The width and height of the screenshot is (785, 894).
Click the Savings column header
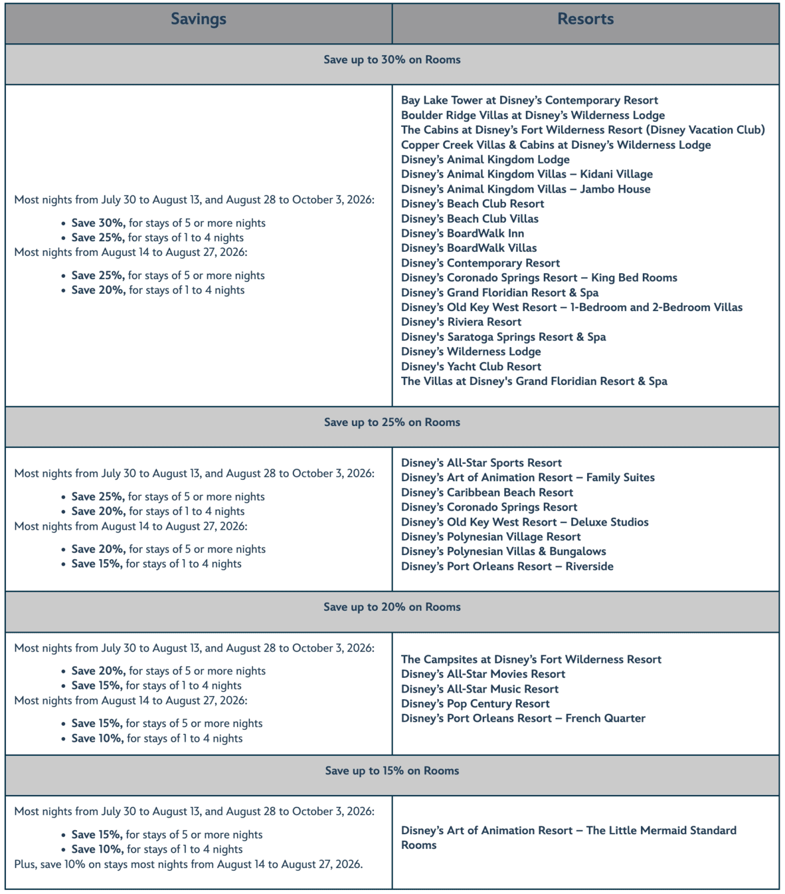199,19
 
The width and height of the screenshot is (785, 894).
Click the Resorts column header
585,19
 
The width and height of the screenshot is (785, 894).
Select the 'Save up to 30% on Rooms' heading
392,60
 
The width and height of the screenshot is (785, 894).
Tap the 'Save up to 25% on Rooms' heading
392,422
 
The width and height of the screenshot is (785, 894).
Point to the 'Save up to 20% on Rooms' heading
392,607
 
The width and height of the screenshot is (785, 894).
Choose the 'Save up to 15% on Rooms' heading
392,770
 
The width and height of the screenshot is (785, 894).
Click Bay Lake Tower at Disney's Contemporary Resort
529,100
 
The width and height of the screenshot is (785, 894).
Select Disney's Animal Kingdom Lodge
485,160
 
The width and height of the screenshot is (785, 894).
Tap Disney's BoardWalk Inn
462,233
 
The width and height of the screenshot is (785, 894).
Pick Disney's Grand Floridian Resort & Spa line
499,292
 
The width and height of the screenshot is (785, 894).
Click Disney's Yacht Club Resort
471,366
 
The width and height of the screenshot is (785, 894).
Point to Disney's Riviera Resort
461,322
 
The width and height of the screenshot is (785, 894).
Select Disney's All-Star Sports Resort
481,463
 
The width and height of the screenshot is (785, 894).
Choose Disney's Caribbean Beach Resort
487,493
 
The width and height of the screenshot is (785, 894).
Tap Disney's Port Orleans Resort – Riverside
507,566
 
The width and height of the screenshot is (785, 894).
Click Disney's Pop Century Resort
475,703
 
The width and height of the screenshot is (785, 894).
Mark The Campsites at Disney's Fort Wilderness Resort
531,659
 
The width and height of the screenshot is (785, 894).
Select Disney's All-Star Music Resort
480,689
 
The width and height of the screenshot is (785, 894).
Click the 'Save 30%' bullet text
98,223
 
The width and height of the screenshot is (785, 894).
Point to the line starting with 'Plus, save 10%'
189,864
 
